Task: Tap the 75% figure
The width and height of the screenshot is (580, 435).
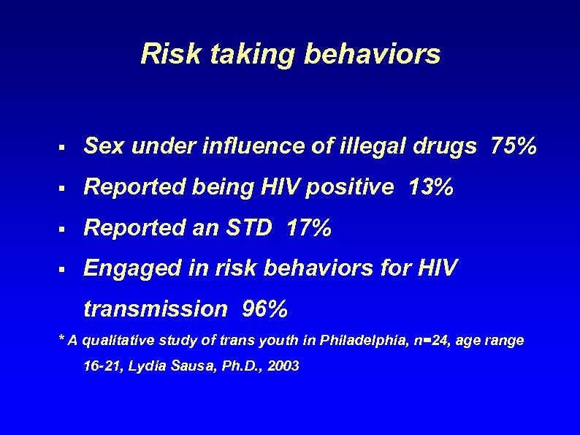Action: coord(514,147)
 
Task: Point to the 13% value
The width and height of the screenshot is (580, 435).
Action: coord(432,189)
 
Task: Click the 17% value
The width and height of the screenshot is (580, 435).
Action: coord(310,230)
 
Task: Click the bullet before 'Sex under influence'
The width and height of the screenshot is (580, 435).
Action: coord(64,148)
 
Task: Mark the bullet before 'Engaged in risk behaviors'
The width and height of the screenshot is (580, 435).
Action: coord(64,270)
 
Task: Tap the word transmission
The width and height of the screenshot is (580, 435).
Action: coord(156,309)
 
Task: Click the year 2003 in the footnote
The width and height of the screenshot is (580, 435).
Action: coord(283,366)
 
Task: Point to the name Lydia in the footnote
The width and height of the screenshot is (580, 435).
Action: coord(144,366)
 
